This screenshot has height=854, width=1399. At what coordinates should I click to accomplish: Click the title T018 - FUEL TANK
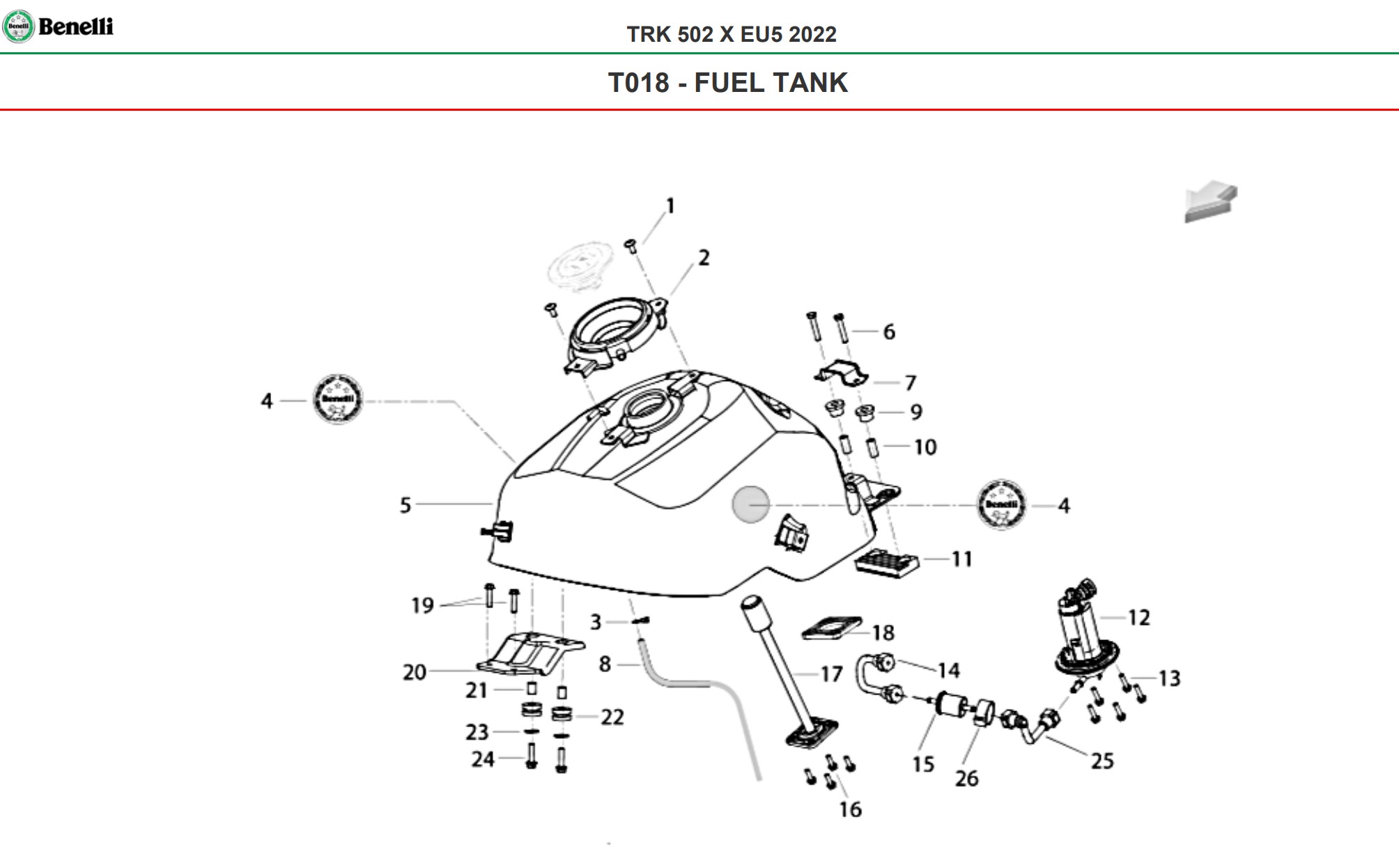click(x=727, y=83)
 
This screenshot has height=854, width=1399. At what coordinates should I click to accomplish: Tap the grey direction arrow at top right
click(x=1211, y=201)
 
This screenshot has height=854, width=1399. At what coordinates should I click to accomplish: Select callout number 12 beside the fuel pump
click(x=1139, y=617)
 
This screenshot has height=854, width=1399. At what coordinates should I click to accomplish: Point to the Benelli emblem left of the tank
click(x=338, y=399)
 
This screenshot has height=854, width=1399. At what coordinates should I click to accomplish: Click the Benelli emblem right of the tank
click(x=1002, y=504)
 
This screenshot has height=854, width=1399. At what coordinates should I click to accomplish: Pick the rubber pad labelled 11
click(x=886, y=563)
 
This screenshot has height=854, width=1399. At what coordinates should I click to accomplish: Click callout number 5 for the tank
click(x=405, y=505)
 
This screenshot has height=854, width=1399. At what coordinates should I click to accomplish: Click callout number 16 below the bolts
click(x=850, y=809)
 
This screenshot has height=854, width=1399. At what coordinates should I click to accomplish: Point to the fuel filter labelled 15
click(x=949, y=703)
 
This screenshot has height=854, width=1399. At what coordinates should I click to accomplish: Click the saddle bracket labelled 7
click(x=842, y=373)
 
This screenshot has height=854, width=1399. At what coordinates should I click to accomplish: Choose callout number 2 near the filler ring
click(x=704, y=258)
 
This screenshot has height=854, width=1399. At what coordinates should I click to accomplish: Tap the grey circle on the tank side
click(x=750, y=504)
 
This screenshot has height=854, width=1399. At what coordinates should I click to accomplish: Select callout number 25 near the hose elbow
click(x=1102, y=761)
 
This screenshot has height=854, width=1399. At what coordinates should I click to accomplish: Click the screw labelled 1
click(x=631, y=245)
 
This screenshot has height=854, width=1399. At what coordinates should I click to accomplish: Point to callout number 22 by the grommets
click(x=612, y=717)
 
